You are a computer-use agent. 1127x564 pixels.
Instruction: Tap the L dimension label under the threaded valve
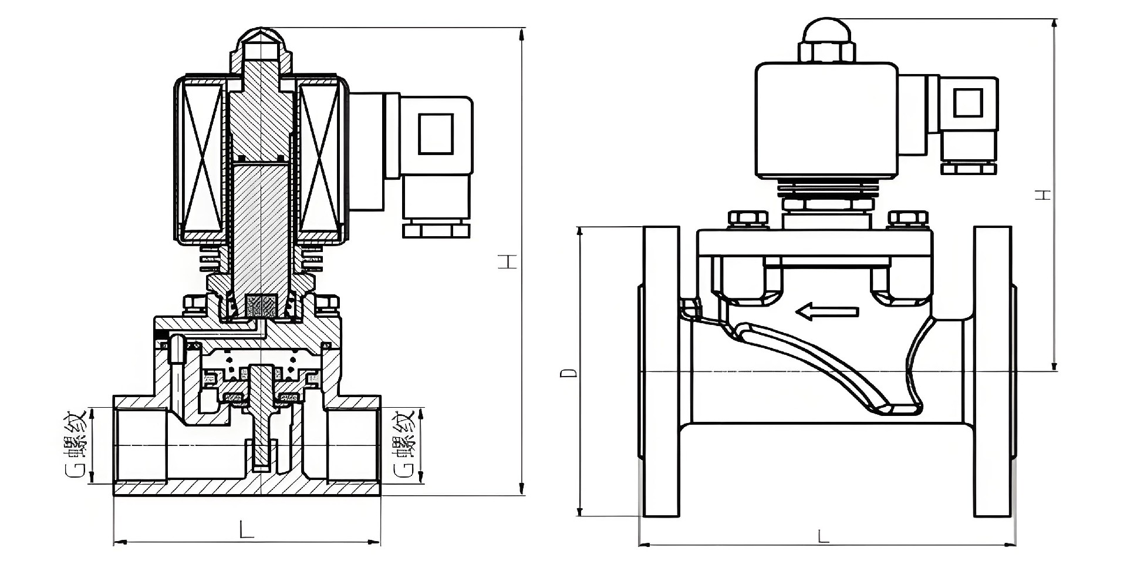pos(247,530)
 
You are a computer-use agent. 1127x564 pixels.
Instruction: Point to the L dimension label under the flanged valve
pos(824,536)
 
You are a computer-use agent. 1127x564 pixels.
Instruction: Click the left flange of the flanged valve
pos(662,371)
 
